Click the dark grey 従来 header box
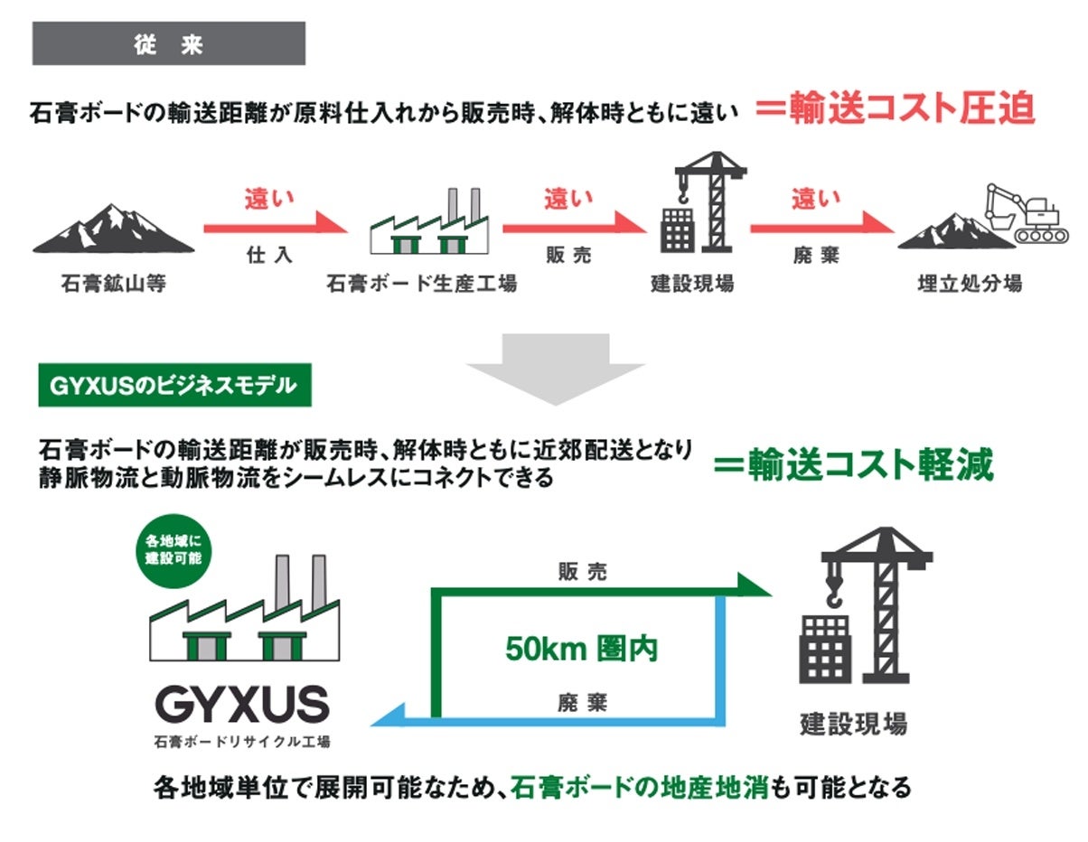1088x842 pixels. point(168,43)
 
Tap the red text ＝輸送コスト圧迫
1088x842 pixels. point(895,110)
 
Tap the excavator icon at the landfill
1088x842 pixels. point(1027,213)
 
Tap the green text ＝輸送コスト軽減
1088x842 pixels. point(853,466)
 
